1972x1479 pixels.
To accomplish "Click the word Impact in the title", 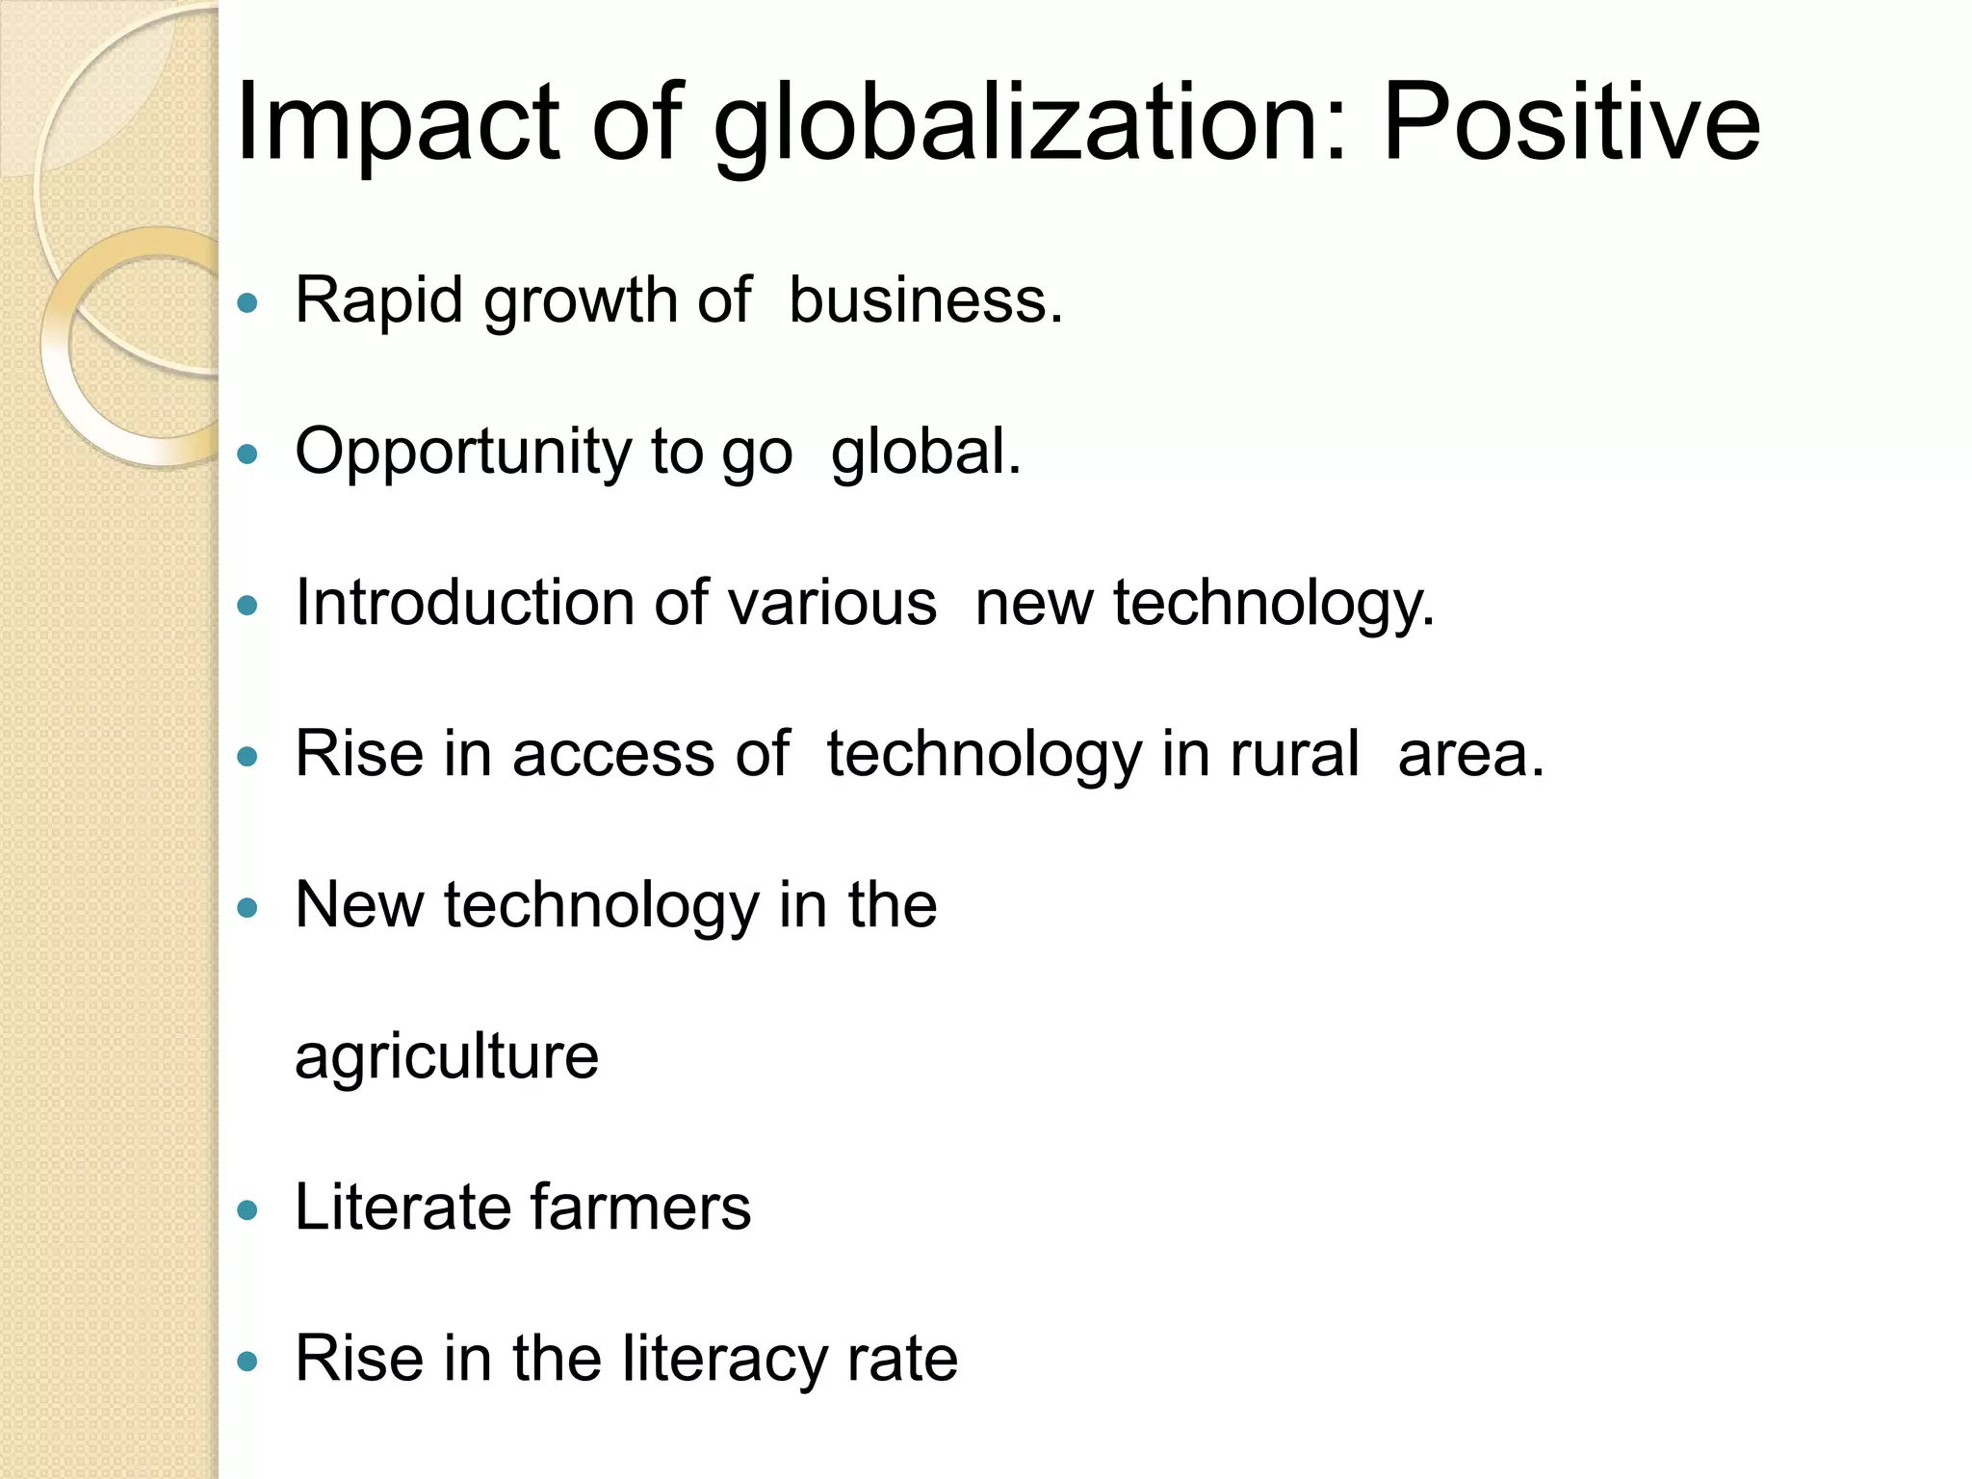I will [397, 123].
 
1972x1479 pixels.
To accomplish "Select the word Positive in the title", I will [1571, 123].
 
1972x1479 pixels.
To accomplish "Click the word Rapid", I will [378, 300].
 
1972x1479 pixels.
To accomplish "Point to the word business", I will [925, 300].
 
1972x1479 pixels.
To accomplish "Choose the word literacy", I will [725, 1360].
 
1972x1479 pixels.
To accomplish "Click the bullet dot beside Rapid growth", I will [248, 303].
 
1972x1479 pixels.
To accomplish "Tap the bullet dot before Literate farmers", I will [248, 1210].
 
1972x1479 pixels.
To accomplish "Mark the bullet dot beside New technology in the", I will [248, 908].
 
